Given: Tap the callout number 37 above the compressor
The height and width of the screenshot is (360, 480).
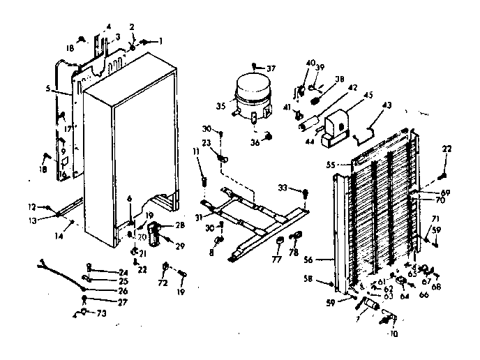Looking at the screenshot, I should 271,68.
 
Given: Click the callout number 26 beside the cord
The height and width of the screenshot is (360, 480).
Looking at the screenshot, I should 103,291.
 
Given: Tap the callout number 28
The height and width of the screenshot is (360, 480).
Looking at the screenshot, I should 179,225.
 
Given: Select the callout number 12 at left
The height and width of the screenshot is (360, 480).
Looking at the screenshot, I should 32,207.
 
